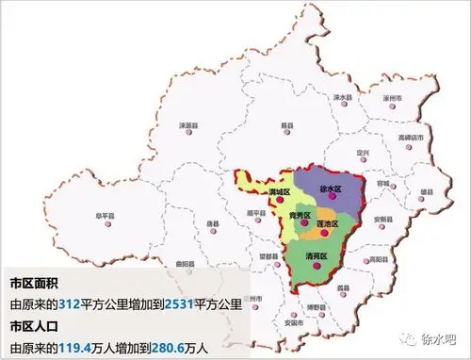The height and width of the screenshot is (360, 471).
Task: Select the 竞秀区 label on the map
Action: (300, 216)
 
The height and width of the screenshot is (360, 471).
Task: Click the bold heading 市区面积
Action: (36, 284)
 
